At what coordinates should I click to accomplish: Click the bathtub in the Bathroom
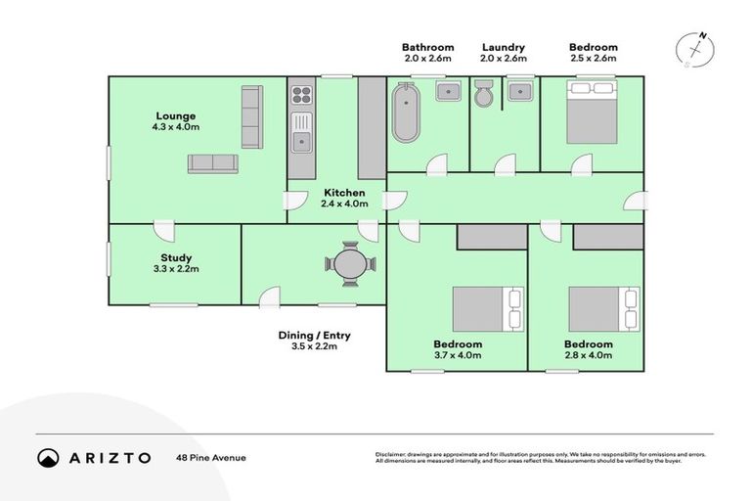(404, 114)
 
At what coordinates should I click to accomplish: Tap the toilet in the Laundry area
(484, 94)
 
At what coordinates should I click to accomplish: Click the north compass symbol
(695, 49)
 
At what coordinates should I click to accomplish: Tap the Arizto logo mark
(48, 457)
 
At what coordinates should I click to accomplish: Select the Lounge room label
(174, 115)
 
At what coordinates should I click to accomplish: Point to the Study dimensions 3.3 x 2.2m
(175, 268)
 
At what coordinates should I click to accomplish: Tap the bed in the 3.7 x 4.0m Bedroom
(487, 308)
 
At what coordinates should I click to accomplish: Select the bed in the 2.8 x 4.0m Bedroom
(603, 308)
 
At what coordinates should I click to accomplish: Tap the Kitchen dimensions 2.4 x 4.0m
(343, 205)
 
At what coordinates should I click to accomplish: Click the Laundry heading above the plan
(504, 47)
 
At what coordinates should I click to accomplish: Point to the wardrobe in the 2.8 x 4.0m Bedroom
(607, 236)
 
